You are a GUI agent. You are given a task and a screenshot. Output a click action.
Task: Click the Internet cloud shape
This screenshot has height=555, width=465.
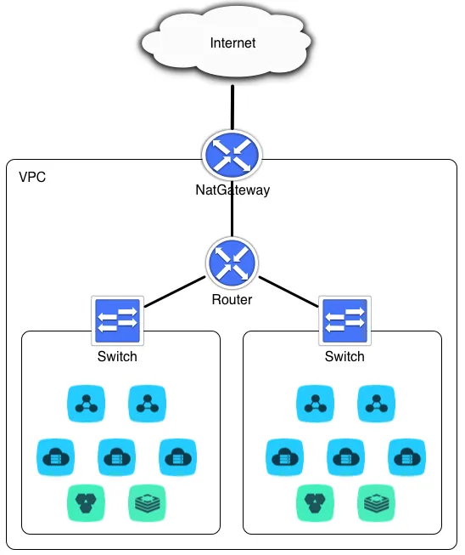pos(227,42)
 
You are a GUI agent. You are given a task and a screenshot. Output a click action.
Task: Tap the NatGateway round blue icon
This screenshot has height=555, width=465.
pos(232,156)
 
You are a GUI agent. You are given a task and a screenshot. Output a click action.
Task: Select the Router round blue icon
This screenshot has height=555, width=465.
pos(232,263)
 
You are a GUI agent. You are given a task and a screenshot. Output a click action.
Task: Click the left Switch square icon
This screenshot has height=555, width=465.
pos(117,320)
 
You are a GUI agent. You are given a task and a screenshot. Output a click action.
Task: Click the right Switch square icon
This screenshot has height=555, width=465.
pos(345,320)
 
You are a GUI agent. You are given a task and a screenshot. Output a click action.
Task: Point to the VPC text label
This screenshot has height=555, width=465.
pos(32,177)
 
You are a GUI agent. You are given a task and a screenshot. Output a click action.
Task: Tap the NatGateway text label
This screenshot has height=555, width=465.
pos(232,190)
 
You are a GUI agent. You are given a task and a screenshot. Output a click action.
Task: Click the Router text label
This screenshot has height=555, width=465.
pos(232,299)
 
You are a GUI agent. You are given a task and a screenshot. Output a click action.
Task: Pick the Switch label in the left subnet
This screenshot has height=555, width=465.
pos(117,356)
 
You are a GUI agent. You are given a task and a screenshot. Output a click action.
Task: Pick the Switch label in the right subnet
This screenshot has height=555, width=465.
pos(345,356)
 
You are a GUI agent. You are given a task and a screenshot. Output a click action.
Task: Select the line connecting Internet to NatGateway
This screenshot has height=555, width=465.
pos(232,108)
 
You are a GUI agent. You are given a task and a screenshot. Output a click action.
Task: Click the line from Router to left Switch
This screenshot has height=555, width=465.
pos(175,292)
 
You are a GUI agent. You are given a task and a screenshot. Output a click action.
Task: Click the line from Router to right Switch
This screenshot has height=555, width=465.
pos(289,292)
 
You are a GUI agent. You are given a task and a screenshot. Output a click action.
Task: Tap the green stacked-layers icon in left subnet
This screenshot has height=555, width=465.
pos(147,503)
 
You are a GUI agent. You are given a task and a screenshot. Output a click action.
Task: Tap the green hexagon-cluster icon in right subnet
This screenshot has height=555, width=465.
pos(315,503)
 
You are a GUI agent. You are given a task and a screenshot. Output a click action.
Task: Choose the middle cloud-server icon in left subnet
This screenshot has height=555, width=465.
pos(116,457)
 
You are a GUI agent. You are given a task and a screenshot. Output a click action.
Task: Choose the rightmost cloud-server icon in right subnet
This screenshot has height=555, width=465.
pos(406,457)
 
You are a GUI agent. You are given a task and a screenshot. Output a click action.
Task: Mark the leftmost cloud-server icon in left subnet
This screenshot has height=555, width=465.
pos(55,457)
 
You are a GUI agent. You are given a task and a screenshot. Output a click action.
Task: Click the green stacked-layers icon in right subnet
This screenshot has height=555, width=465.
pos(376,503)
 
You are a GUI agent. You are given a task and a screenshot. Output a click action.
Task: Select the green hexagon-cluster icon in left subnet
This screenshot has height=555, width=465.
pos(86,503)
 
